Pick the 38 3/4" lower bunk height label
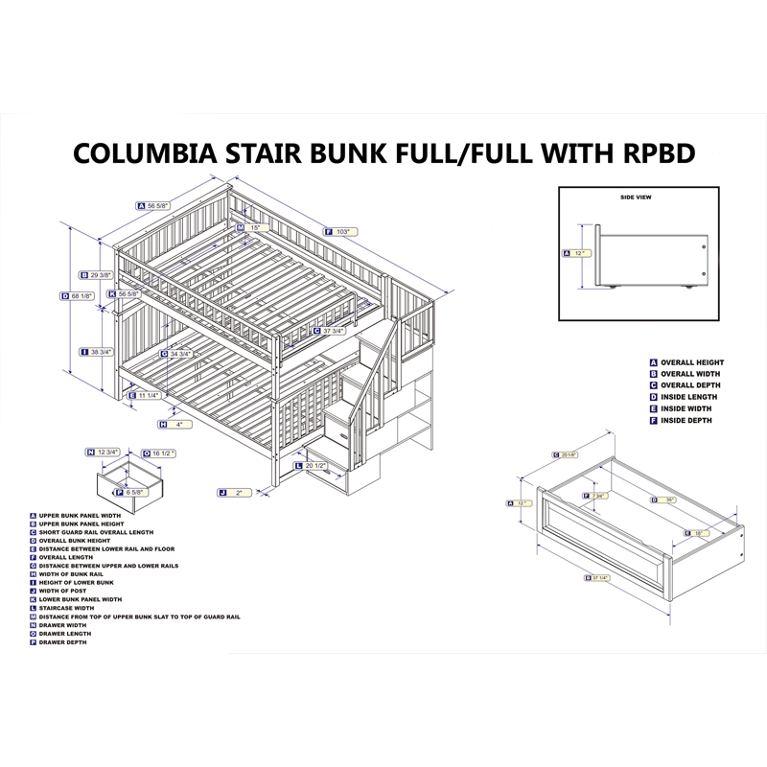[x=98, y=352]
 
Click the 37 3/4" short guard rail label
[x=334, y=332]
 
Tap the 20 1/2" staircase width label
[x=314, y=466]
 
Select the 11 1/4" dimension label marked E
[x=145, y=395]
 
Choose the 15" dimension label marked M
[x=251, y=227]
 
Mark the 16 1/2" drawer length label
[x=158, y=453]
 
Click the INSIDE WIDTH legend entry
[x=689, y=408]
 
